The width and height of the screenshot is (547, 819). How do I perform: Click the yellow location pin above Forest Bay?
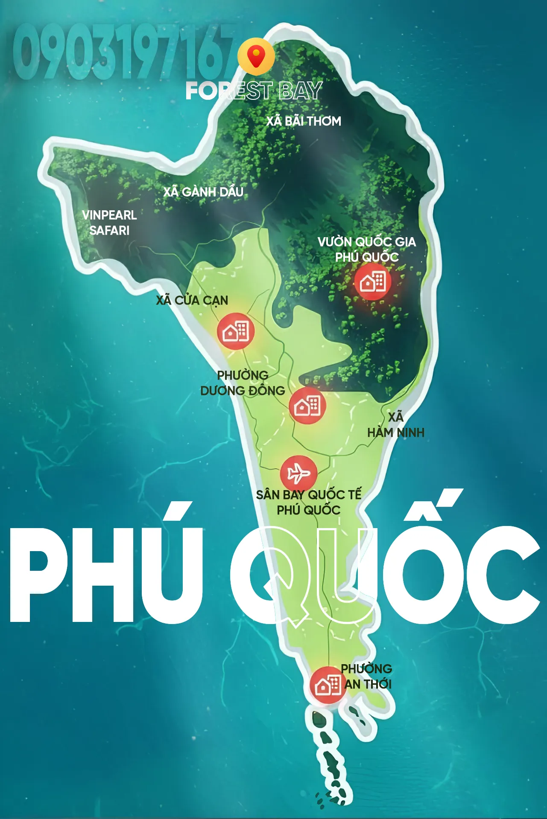tap(256, 56)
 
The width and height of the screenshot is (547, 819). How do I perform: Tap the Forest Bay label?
tap(254, 91)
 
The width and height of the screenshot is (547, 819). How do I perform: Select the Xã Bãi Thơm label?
tap(304, 121)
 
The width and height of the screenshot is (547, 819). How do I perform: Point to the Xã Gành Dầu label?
tap(203, 192)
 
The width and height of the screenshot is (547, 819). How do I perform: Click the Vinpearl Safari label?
tap(109, 223)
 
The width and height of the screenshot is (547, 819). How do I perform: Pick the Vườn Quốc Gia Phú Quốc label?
tap(367, 249)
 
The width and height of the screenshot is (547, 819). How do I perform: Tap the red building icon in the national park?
tap(372, 282)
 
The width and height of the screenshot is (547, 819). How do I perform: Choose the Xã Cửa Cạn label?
tap(192, 300)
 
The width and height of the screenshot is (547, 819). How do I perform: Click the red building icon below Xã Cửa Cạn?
tap(235, 331)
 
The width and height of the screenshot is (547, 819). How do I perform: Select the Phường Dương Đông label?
tap(243, 383)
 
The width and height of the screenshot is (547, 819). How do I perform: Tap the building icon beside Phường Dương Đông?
tap(307, 406)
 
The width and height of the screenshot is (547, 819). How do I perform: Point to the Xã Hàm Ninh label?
tap(396, 425)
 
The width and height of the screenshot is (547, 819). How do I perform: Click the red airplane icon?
tap(298, 473)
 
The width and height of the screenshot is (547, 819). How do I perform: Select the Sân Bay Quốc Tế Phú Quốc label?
tap(309, 502)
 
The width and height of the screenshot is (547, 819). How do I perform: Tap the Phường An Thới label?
tap(367, 677)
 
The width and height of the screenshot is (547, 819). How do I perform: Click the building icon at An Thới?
tap(328, 685)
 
